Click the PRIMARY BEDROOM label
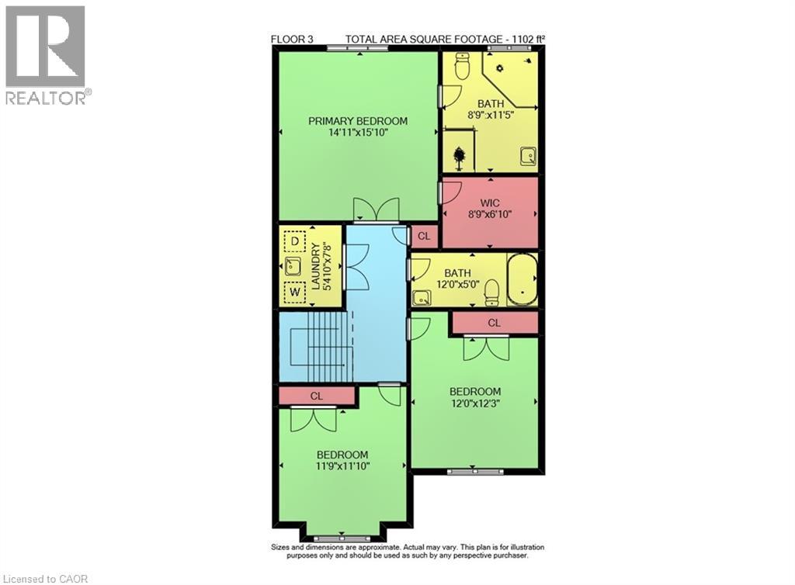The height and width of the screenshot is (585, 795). point(357,121)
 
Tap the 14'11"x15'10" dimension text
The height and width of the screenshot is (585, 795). point(357,133)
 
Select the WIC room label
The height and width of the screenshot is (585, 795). point(490,204)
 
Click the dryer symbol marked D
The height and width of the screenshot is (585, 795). point(295,242)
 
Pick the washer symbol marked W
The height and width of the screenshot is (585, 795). point(295,292)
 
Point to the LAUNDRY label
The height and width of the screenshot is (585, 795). point(314,267)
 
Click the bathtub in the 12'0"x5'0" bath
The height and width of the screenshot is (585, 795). point(522,279)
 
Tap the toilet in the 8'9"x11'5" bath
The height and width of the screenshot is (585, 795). point(463,67)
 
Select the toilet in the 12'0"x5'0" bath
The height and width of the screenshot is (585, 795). point(491,292)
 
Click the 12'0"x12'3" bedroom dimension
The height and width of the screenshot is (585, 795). point(474,403)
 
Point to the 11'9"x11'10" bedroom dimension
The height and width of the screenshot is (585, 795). point(342,466)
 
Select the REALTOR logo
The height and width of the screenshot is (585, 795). point(47,54)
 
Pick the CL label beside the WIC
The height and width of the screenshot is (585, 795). point(424,236)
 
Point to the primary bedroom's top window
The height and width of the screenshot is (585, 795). point(348,48)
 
